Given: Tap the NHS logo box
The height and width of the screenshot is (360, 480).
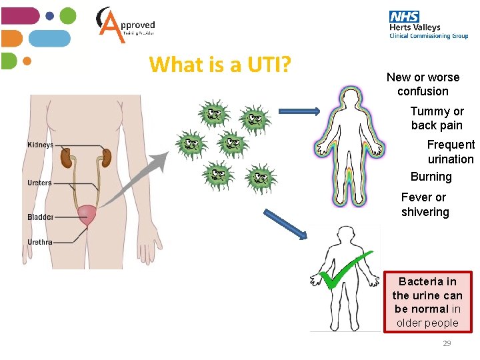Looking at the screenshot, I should pyautogui.click(x=404, y=17).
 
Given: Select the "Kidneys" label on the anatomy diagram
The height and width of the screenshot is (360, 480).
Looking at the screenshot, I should pyautogui.click(x=41, y=145).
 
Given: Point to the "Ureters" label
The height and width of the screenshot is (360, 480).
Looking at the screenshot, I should pyautogui.click(x=39, y=183).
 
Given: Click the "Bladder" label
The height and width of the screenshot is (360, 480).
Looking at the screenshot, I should pyautogui.click(x=40, y=217).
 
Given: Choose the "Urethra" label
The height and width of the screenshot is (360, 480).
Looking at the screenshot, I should pyautogui.click(x=39, y=242).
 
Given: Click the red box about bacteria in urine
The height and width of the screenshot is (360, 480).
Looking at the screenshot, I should pyautogui.click(x=427, y=302).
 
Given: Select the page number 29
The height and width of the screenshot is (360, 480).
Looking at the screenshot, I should pyautogui.click(x=447, y=343).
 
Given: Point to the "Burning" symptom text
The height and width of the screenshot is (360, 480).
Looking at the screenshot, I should pyautogui.click(x=431, y=177).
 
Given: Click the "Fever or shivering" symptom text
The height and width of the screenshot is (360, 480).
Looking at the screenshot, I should pyautogui.click(x=425, y=205).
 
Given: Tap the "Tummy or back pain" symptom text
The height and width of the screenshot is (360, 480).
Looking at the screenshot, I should pyautogui.click(x=437, y=118).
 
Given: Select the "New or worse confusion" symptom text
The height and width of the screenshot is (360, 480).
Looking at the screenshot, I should pyautogui.click(x=423, y=84).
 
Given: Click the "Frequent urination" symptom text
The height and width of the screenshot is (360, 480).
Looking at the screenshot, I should pyautogui.click(x=451, y=152).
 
